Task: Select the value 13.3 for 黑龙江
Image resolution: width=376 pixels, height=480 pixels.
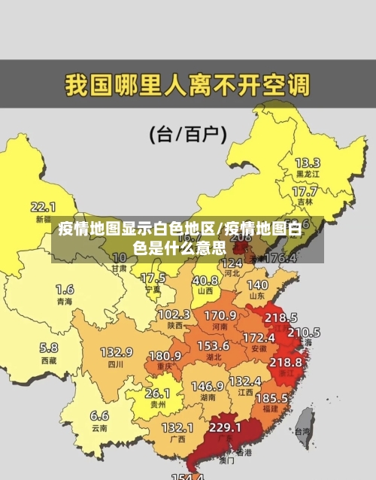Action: click(307, 163)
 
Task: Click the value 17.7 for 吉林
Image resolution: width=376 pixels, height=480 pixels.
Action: click(305, 192)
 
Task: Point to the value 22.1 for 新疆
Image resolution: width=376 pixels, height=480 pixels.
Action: click(43, 206)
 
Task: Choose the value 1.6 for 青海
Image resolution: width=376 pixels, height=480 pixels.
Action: click(65, 289)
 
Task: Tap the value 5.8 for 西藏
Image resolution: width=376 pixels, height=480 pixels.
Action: click(48, 348)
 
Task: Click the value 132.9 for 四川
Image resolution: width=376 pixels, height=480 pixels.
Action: click(117, 352)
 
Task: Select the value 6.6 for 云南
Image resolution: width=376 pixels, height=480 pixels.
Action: click(99, 415)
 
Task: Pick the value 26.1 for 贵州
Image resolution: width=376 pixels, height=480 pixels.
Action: click(157, 393)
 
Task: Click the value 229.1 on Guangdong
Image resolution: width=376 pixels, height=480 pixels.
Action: click(226, 427)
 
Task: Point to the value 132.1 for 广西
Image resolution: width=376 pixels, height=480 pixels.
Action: click(177, 427)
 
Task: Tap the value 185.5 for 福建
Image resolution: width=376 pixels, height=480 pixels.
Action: click(271, 397)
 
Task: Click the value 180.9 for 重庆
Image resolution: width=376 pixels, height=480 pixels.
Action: click(165, 355)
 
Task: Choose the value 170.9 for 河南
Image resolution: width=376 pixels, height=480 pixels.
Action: click(220, 314)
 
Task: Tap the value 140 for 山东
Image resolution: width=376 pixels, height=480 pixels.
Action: click(257, 285)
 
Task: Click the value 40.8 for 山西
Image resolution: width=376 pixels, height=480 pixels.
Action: click(205, 280)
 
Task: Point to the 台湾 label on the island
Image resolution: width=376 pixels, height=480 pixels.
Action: click(302, 432)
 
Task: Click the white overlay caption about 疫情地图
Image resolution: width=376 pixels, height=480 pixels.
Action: click(188, 237)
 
